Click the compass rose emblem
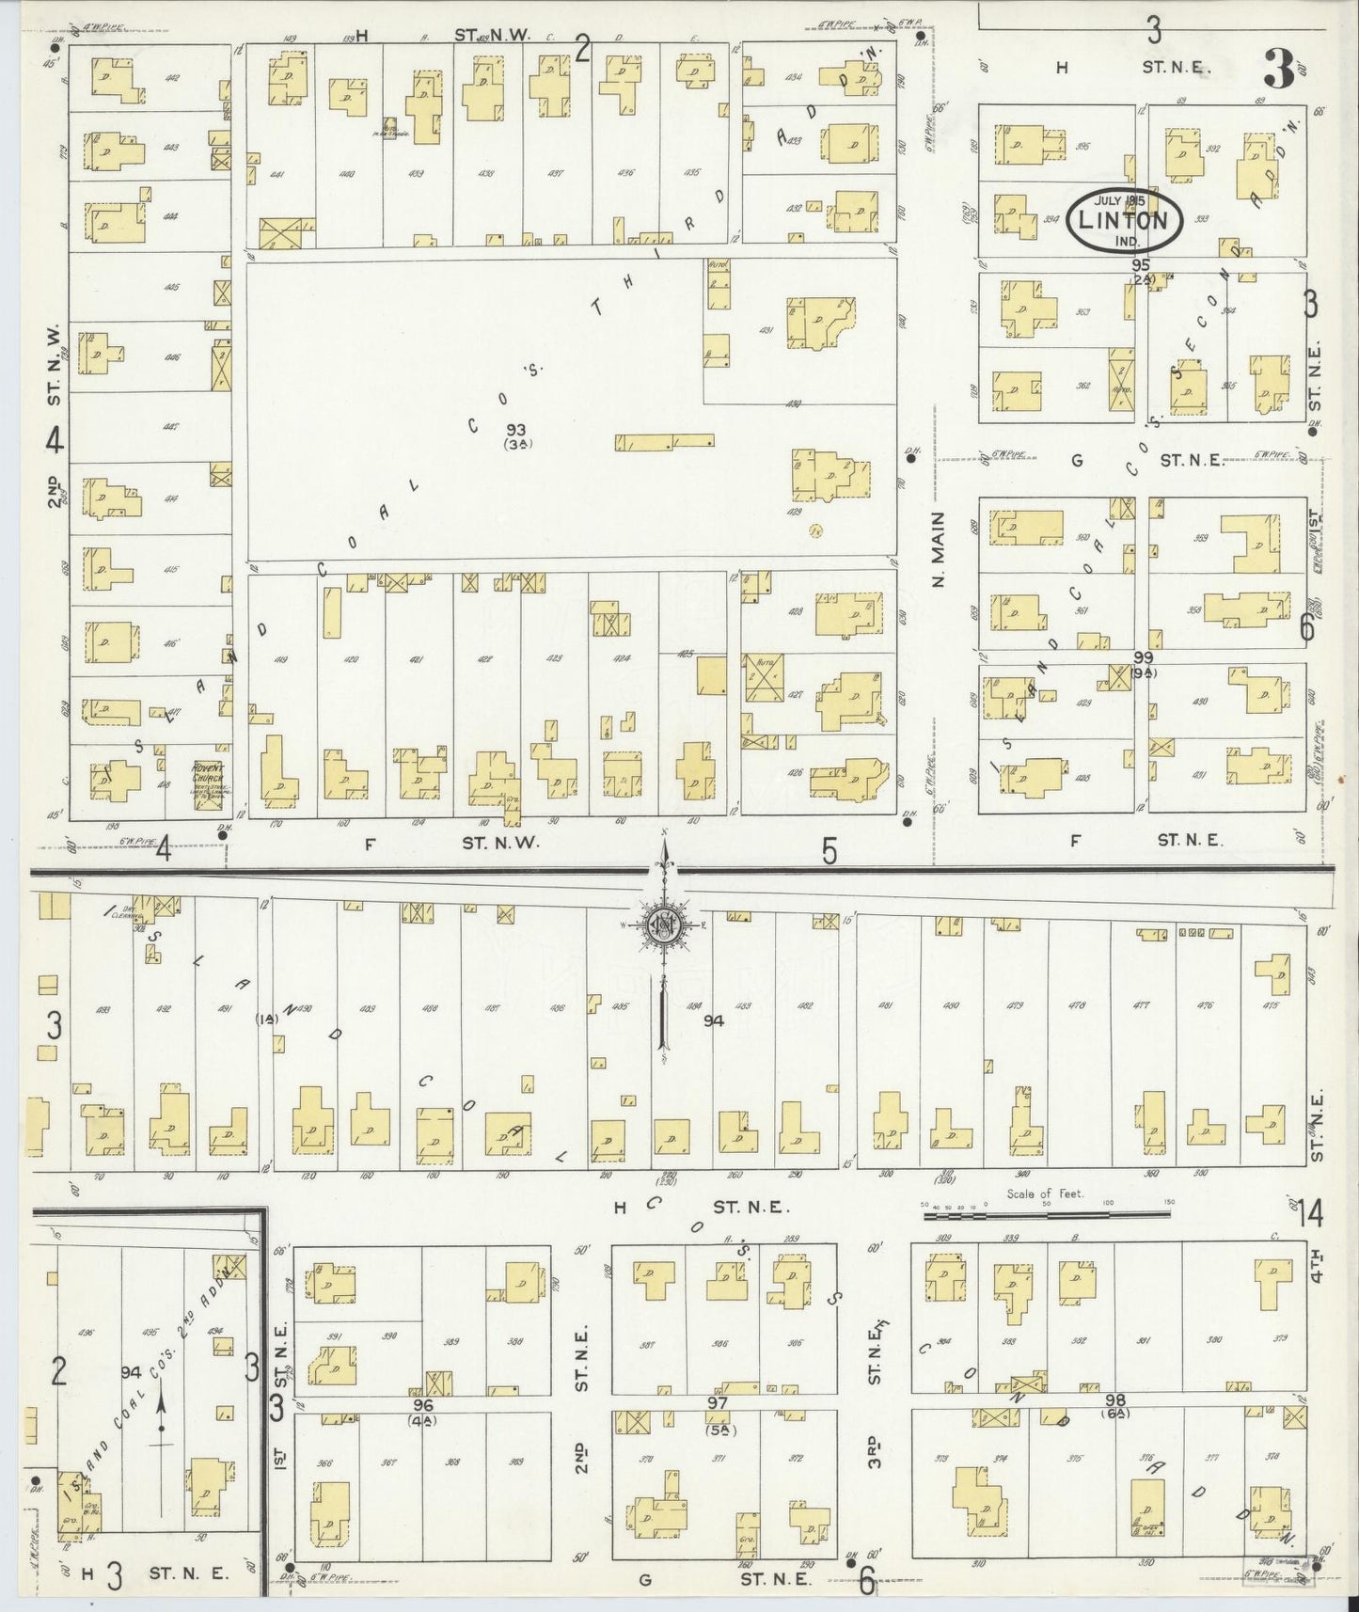point(665,927)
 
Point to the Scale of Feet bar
point(1003,1215)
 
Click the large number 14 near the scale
point(1309,1215)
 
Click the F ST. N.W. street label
point(451,844)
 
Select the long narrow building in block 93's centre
point(664,440)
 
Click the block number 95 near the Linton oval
point(1142,266)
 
